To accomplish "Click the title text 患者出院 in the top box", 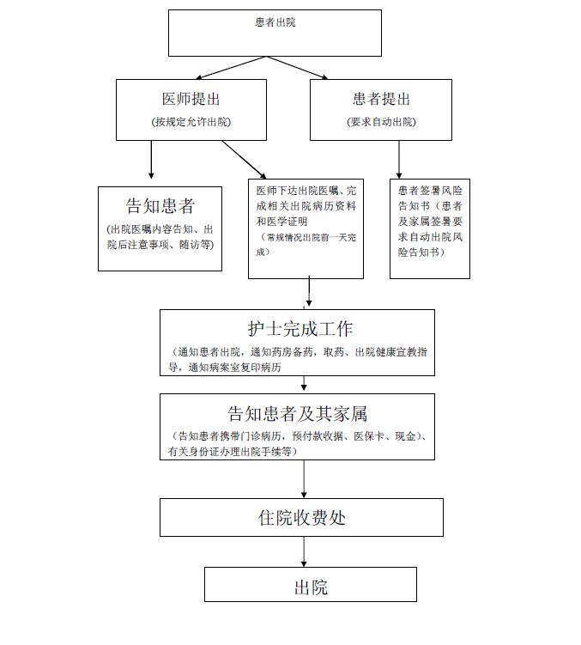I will pyautogui.click(x=275, y=22).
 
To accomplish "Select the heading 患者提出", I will pyautogui.click(x=381, y=99).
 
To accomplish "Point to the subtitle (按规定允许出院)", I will pyautogui.click(x=191, y=122).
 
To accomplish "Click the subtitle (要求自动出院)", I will pyautogui.click(x=381, y=122).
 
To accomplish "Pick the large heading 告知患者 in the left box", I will pyautogui.click(x=160, y=206).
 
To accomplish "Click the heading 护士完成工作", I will pyautogui.click(x=296, y=329).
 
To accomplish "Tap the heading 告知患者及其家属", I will pyautogui.click(x=296, y=412).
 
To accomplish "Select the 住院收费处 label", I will pyautogui.click(x=301, y=517).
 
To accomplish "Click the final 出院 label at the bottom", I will pyautogui.click(x=310, y=588).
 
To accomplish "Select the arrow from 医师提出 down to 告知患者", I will pyautogui.click(x=152, y=159).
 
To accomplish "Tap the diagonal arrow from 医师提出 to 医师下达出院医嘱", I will pyautogui.click(x=245, y=160).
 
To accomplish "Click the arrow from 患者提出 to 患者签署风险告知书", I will pyautogui.click(x=398, y=159).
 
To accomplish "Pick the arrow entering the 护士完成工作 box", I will pyautogui.click(x=308, y=294).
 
